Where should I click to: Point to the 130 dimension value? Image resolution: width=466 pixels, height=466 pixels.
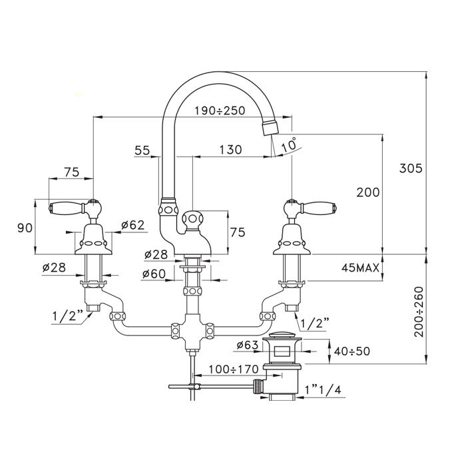230,150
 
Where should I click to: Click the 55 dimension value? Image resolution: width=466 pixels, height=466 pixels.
142,150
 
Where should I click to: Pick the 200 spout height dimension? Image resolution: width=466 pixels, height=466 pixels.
367,192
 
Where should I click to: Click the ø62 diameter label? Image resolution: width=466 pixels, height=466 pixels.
133,226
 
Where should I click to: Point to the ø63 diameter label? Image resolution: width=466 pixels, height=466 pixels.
247,345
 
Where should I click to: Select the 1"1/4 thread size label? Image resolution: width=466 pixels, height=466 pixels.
325,389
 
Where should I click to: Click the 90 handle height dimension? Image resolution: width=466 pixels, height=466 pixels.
25,227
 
